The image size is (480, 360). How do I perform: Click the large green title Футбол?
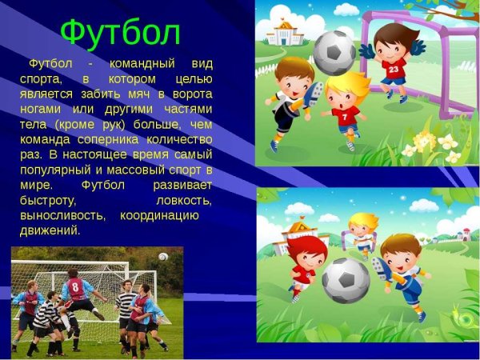click(120, 32)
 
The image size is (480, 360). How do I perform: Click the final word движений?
click(50, 230)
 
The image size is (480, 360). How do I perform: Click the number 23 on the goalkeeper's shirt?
click(394, 70)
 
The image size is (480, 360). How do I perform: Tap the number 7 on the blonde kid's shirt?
click(343, 118)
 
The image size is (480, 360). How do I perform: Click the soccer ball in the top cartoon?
click(334, 52)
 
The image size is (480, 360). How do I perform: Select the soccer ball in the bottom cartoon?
click(345, 279)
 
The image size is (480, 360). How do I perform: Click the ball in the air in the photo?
click(163, 257)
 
